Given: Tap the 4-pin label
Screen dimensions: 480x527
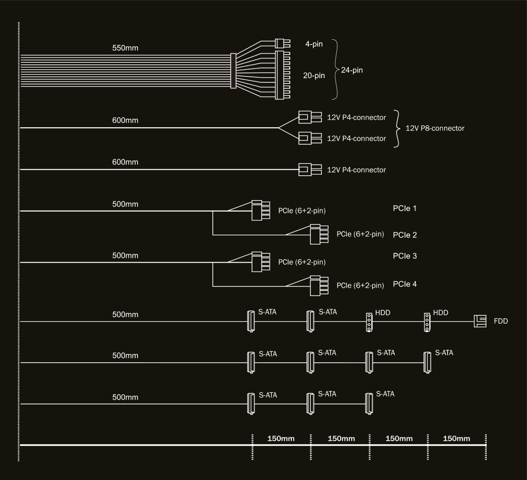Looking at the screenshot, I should pyautogui.click(x=314, y=45).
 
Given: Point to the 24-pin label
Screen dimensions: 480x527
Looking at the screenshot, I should pyautogui.click(x=352, y=70).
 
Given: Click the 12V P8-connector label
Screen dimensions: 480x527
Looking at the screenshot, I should pyautogui.click(x=435, y=128).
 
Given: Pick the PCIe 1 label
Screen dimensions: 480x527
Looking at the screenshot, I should pyautogui.click(x=405, y=209).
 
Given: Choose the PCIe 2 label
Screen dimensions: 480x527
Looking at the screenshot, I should pyautogui.click(x=405, y=235).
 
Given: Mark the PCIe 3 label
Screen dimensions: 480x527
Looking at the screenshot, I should pyautogui.click(x=405, y=256).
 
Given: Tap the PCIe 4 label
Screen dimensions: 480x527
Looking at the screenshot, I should pyautogui.click(x=405, y=284).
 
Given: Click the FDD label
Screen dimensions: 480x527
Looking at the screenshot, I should pyautogui.click(x=501, y=322).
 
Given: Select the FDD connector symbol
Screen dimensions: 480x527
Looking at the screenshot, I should pyautogui.click(x=480, y=321).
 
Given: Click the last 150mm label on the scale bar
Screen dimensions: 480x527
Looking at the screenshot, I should pyautogui.click(x=457, y=438).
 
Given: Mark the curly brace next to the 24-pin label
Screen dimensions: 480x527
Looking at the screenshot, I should pyautogui.click(x=336, y=69).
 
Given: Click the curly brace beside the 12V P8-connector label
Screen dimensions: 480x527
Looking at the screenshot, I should pyautogui.click(x=397, y=128).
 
